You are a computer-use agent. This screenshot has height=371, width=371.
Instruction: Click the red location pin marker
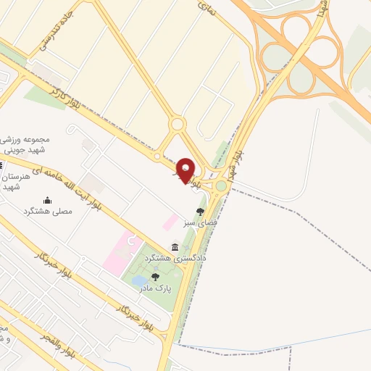click(186, 170)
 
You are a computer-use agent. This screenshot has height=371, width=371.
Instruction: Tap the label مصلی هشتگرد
click(49, 210)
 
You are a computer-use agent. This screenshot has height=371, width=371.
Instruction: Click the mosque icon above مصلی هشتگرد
click(48, 200)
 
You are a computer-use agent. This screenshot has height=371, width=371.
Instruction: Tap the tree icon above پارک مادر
click(156, 277)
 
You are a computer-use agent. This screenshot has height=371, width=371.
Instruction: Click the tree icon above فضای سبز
click(201, 212)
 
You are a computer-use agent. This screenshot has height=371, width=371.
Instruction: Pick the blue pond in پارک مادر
click(140, 281)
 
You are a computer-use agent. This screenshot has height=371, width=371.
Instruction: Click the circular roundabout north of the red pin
click(177, 124)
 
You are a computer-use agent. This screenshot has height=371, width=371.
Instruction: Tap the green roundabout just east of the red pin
click(221, 185)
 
